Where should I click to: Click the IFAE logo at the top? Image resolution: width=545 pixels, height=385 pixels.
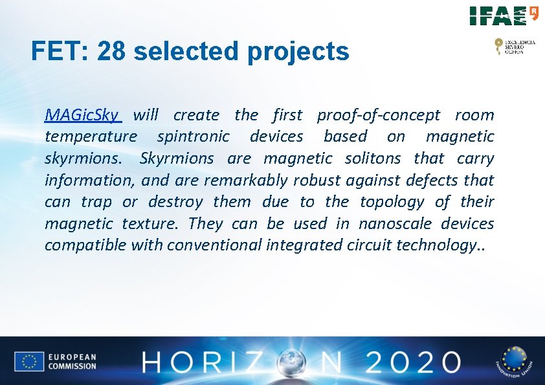504,15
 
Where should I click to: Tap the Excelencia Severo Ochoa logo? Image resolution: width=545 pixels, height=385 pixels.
515,46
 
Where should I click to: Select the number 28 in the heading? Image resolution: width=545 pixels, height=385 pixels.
113,51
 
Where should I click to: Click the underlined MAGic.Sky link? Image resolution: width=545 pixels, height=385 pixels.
82,115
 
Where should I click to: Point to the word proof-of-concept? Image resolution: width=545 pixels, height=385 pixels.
379,115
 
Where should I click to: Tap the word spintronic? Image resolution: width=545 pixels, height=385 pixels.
193,137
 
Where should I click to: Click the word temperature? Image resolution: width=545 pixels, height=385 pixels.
91,137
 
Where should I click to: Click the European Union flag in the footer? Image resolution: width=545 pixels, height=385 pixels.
29,362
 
